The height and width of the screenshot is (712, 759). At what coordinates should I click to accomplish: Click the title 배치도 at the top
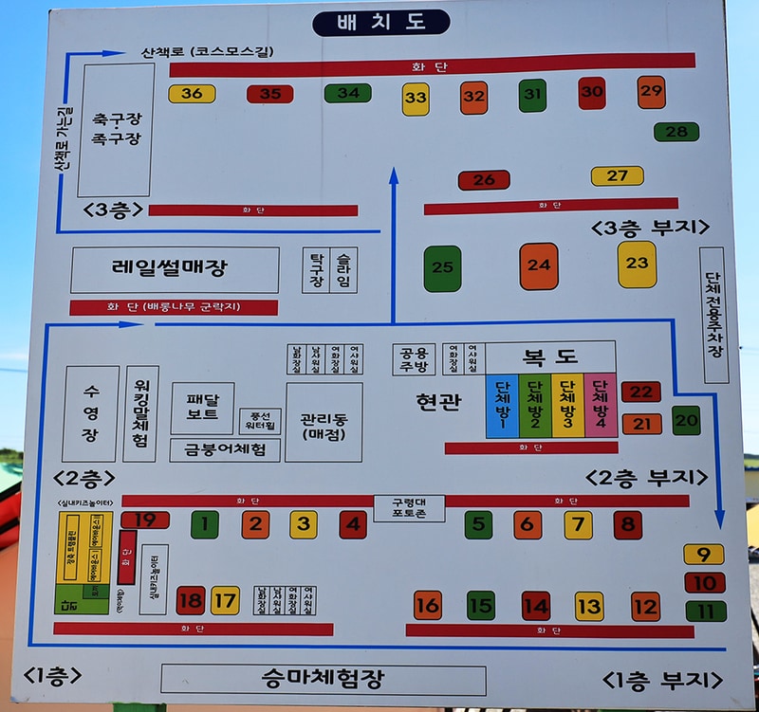pyautogui.click(x=380, y=22)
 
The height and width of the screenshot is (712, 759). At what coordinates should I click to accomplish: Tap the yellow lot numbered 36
pyautogui.click(x=192, y=93)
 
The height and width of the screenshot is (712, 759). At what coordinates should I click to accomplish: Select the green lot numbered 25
pyautogui.click(x=442, y=268)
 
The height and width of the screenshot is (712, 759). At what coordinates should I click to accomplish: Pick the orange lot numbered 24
pyautogui.click(x=539, y=265)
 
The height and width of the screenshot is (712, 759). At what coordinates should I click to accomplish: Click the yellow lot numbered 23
pyautogui.click(x=637, y=264)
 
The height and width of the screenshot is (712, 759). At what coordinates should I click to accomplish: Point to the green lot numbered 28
pyautogui.click(x=676, y=132)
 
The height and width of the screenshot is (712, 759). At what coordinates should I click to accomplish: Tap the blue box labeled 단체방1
pyautogui.click(x=502, y=406)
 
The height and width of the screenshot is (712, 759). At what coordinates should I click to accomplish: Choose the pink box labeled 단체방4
pyautogui.click(x=600, y=406)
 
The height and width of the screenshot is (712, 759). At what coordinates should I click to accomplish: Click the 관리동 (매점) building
pyautogui.click(x=324, y=422)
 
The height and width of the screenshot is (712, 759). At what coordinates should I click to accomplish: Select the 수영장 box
pyautogui.click(x=90, y=414)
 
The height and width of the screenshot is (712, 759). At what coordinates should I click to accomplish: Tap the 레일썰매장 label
pyautogui.click(x=176, y=269)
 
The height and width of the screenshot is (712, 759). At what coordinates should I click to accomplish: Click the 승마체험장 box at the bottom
pyautogui.click(x=323, y=679)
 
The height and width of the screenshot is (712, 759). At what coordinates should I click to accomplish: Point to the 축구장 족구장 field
pyautogui.click(x=116, y=130)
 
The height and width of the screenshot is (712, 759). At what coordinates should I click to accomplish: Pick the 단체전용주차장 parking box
pyautogui.click(x=713, y=315)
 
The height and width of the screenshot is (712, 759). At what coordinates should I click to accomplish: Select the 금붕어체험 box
pyautogui.click(x=227, y=449)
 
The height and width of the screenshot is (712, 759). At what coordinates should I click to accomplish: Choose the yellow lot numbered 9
pyautogui.click(x=703, y=555)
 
